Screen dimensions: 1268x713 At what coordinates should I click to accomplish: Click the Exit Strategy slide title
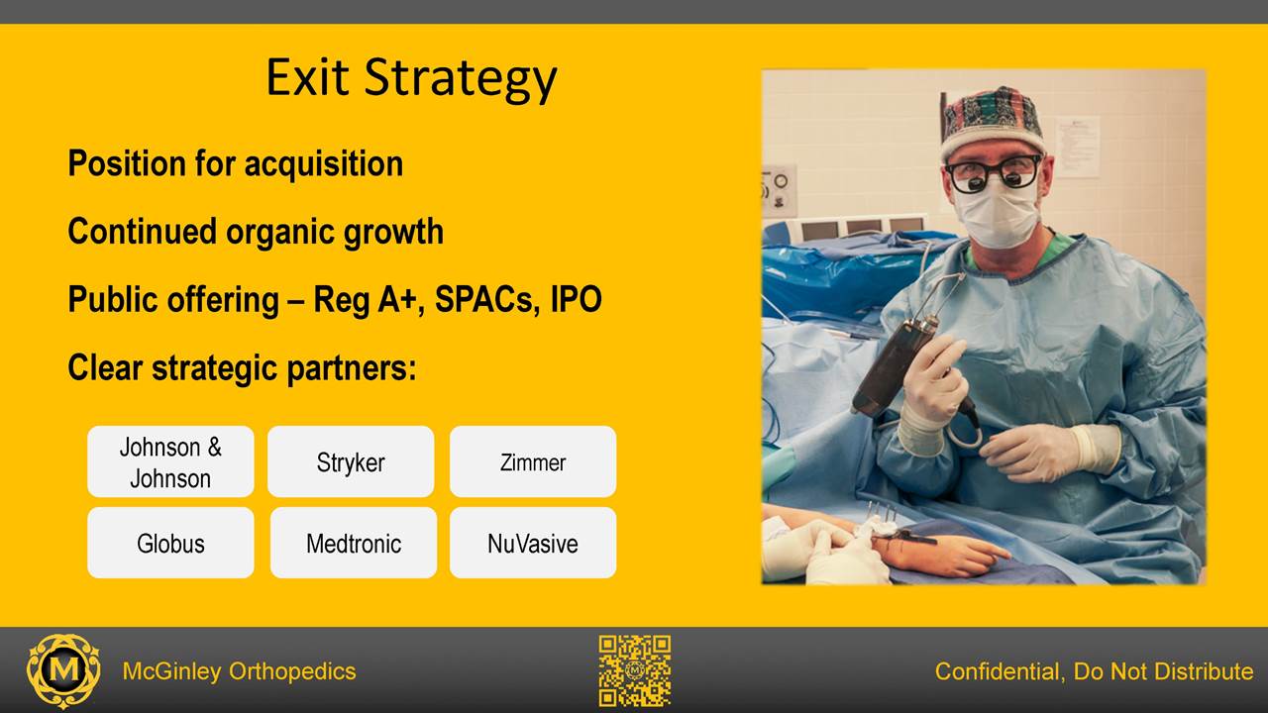click(411, 79)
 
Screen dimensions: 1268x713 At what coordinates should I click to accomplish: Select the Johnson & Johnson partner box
click(170, 461)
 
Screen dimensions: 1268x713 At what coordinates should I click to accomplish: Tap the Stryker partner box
click(351, 461)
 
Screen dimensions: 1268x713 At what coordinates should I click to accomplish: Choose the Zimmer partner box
click(533, 461)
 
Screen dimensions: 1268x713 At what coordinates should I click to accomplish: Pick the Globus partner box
click(170, 543)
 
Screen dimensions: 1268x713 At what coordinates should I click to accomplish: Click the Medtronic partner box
click(354, 543)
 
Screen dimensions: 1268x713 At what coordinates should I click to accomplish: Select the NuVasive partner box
click(533, 543)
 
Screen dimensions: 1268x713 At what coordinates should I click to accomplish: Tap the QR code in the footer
click(635, 670)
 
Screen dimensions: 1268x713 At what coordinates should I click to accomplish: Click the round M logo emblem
click(63, 671)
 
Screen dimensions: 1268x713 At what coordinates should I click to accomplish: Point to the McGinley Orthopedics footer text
click(239, 671)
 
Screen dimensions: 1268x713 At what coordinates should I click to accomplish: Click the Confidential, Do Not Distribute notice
click(1094, 671)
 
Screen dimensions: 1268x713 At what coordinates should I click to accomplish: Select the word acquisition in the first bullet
click(324, 164)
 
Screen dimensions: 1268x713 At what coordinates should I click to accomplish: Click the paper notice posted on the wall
click(1077, 146)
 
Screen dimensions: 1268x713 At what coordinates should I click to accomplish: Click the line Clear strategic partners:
click(243, 367)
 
